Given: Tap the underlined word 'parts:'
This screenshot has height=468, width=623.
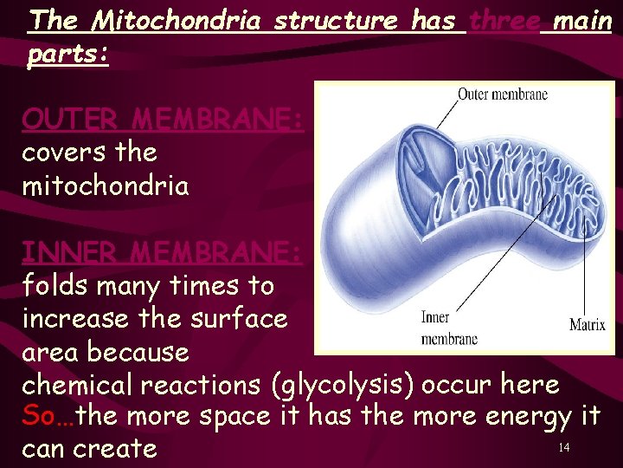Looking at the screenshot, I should click(x=67, y=55).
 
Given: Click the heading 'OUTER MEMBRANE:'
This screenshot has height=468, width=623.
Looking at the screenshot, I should click(x=163, y=119).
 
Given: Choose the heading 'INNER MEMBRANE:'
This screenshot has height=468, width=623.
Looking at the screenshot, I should click(x=163, y=252).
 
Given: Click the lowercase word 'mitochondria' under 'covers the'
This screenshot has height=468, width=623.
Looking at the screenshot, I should click(x=105, y=185).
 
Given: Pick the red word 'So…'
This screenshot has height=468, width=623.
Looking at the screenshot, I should click(x=48, y=416).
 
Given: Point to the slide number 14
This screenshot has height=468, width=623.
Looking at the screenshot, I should click(x=563, y=447).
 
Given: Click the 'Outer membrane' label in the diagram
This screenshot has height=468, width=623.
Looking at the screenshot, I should click(x=502, y=94).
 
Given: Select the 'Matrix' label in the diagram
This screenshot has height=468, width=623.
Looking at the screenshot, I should click(x=587, y=326).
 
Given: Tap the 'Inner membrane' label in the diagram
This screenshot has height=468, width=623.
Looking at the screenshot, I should click(x=448, y=328).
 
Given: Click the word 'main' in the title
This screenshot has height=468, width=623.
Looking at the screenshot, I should click(x=582, y=21).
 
